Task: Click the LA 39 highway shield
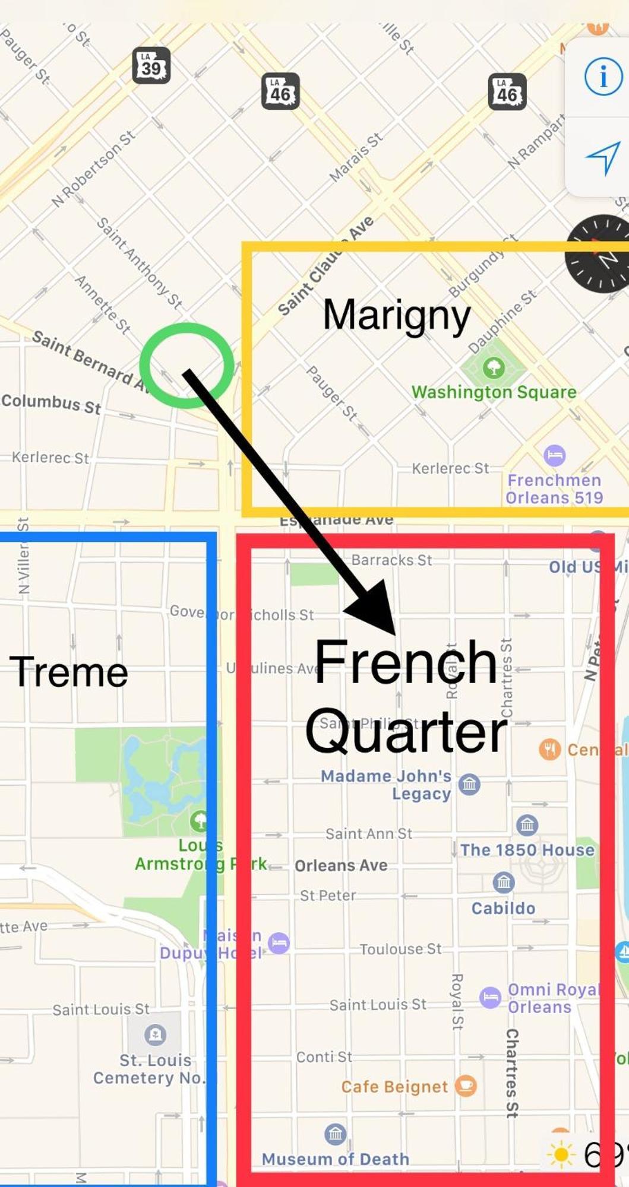coord(151,65)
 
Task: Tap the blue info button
coord(603,77)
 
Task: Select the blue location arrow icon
coord(603,157)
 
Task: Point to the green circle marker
coord(187,365)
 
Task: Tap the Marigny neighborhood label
coord(397,315)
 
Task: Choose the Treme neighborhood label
coord(69,672)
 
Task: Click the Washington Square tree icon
coord(493,368)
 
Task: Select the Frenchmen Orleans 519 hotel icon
coord(554,456)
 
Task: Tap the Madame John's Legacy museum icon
coord(469,785)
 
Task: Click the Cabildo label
coord(503,908)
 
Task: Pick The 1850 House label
coord(527,850)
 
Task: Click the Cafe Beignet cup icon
coord(466,1086)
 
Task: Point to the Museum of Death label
coord(335,1159)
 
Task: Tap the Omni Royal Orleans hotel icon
coord(490,997)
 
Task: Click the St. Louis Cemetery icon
coord(155,1034)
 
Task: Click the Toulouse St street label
coord(400,949)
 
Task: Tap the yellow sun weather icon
coord(560,1155)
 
